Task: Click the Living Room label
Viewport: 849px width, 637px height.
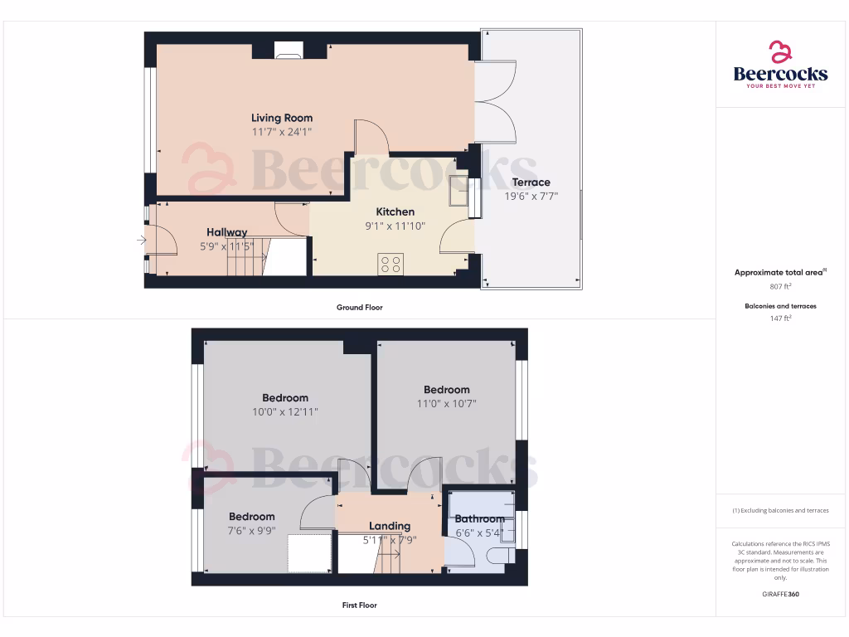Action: point(282,118)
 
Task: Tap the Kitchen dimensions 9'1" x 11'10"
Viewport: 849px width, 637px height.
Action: point(395,226)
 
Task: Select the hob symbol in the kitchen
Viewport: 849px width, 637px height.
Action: point(390,264)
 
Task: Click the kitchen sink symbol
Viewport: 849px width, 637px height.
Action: point(458,192)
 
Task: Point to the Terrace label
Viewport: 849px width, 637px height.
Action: point(531,182)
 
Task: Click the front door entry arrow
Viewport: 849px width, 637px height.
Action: point(142,241)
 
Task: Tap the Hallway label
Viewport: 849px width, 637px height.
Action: point(226,232)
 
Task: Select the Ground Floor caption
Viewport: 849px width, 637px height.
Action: point(360,308)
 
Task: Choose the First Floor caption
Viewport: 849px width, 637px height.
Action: point(360,605)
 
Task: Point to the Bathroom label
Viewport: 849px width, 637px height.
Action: point(479,519)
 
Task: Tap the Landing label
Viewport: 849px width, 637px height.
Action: point(390,526)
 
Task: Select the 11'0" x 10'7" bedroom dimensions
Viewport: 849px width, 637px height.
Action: point(446,404)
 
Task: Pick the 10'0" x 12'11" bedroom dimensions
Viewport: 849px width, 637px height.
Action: point(285,412)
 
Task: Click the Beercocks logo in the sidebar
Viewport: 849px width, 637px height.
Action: point(780,66)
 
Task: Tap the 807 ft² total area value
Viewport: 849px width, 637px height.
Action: point(780,286)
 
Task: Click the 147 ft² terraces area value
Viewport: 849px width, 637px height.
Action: point(780,318)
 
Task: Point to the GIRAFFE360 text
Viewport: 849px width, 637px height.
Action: point(780,594)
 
